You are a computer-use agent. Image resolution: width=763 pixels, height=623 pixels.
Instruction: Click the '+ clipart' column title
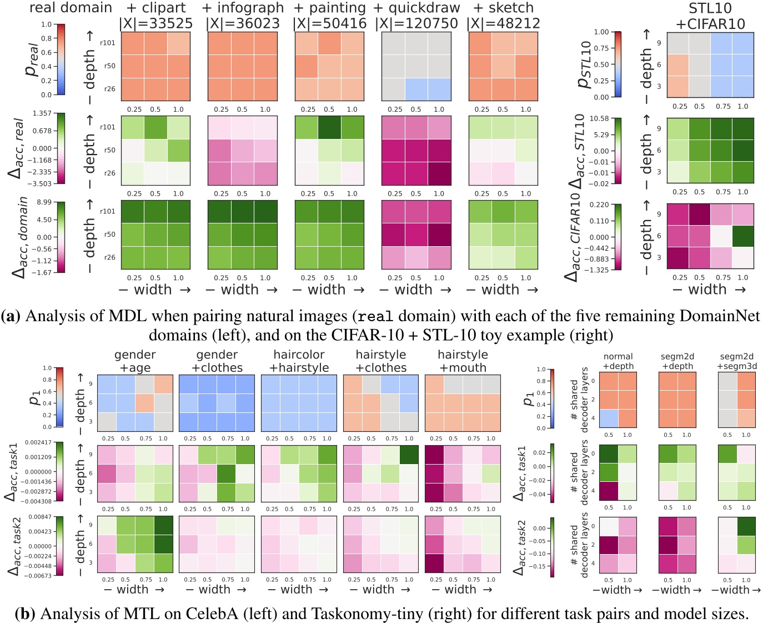[156, 8]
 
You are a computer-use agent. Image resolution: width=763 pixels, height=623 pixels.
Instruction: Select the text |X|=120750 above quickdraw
[416, 23]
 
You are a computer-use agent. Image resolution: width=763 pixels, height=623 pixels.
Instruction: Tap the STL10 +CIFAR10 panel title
[710, 16]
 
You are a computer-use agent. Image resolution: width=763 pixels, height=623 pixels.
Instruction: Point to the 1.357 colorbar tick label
[42, 113]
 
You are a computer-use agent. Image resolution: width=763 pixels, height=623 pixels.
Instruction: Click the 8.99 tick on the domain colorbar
[44, 202]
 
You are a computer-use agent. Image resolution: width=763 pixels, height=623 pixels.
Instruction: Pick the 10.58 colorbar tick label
[599, 118]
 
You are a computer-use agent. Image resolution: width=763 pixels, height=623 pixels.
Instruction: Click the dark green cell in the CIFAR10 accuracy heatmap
[742, 236]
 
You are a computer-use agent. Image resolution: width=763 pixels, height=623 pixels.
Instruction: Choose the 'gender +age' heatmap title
[135, 361]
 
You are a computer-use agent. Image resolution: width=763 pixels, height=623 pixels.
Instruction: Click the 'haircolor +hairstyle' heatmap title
[299, 361]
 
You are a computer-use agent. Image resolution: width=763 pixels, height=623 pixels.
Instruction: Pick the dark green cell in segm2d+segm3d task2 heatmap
[745, 526]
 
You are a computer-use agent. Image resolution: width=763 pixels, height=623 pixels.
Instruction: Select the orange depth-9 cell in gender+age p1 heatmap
[163, 384]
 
